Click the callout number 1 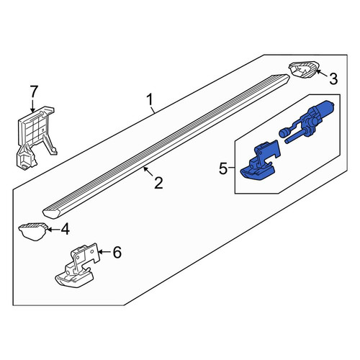pos(150,100)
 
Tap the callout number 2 pos(158,183)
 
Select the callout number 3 pos(333,79)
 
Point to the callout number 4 pos(65,229)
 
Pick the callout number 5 pos(223,169)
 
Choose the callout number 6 pos(117,252)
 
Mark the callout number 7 pos(34,91)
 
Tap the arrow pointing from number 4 pos(53,230)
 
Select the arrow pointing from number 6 pos(104,252)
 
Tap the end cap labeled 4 pos(33,231)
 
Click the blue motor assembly pos(310,120)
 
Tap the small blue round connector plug pos(283,132)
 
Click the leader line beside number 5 pos(231,168)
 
